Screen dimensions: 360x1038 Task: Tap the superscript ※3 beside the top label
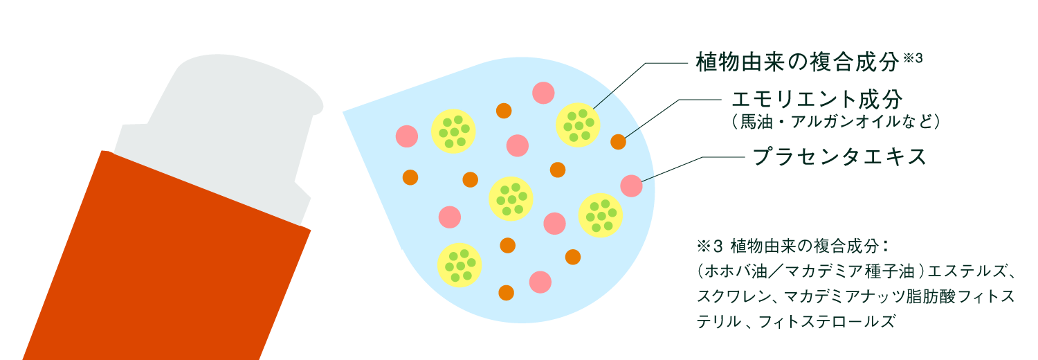pyautogui.click(x=914, y=59)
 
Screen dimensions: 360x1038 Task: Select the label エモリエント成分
pyautogui.click(x=817, y=100)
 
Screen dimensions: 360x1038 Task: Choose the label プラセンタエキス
pyautogui.click(x=839, y=156)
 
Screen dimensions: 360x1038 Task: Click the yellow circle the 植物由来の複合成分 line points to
pyautogui.click(x=579, y=124)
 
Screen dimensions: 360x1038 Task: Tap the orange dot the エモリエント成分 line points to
pyautogui.click(x=618, y=143)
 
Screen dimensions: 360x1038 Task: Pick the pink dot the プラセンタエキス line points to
pyautogui.click(x=631, y=186)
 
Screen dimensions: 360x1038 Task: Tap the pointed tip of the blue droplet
pyautogui.click(x=346, y=111)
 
